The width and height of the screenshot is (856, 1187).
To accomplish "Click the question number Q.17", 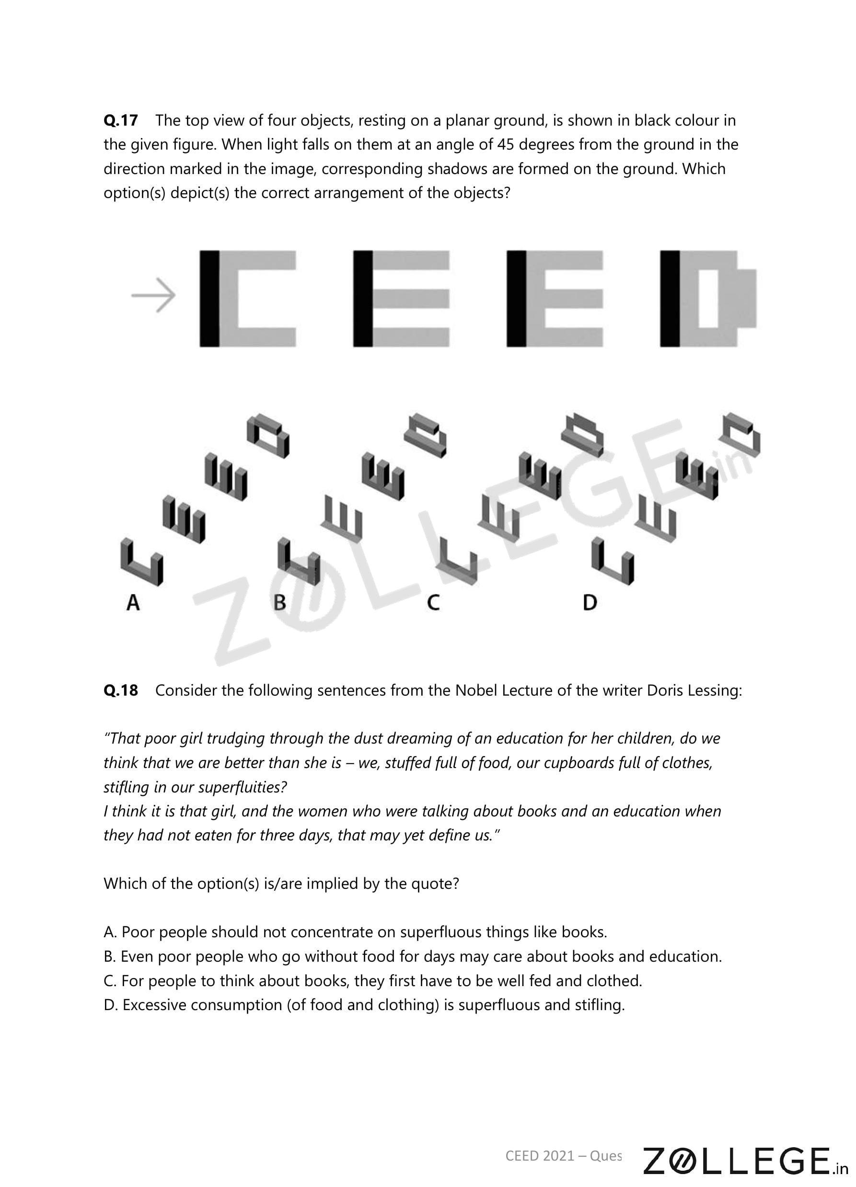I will (x=121, y=120).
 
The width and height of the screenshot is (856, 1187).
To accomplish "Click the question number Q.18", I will (x=121, y=690).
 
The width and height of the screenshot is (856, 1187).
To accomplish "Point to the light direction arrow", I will (x=153, y=295).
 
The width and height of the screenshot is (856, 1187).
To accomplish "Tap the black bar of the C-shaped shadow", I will (x=209, y=298).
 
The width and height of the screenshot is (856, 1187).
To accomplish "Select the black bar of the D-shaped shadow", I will (x=670, y=298).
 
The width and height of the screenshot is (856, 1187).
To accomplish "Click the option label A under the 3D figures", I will (x=133, y=603).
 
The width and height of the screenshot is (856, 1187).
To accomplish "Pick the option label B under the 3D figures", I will (x=279, y=603).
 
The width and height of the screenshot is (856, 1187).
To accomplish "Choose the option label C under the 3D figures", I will (x=433, y=603).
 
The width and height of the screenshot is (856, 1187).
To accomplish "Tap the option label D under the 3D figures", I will (x=590, y=603).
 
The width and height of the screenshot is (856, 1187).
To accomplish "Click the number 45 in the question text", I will (x=506, y=144).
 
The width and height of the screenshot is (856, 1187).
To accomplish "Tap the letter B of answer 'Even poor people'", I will (x=109, y=957).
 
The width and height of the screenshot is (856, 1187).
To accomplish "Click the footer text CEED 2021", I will (x=540, y=1155).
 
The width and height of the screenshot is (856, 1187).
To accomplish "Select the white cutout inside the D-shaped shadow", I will (x=709, y=298).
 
